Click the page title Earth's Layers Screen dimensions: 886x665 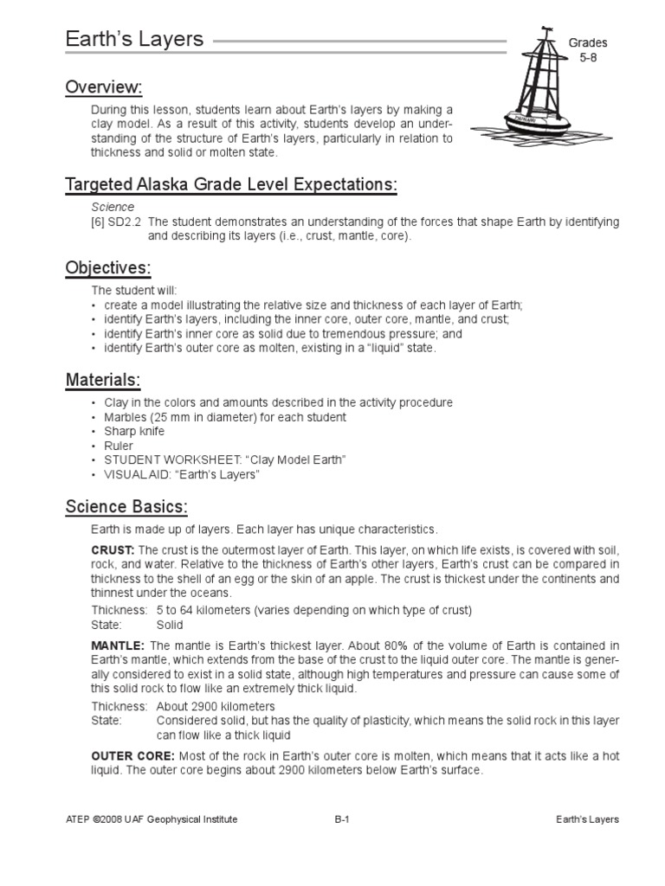134,39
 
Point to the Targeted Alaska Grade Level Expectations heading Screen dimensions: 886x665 231,184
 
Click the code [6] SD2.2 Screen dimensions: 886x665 117,222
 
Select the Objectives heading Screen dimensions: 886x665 108,267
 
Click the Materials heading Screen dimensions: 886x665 103,380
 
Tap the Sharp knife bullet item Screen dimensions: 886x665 134,431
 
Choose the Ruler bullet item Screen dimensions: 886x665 119,446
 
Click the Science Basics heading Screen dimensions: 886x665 126,506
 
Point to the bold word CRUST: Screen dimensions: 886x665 113,550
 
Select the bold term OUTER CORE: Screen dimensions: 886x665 132,756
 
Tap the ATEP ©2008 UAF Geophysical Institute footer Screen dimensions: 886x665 152,819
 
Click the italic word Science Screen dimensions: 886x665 113,208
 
